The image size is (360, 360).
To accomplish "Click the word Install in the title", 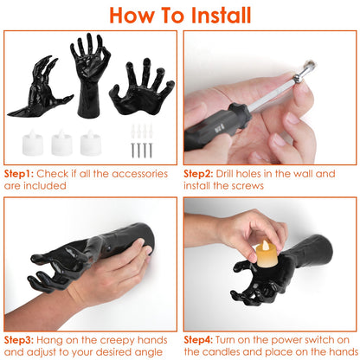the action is (221, 16).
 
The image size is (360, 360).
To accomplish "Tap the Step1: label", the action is (19, 174).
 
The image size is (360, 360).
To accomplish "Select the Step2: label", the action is (198, 174).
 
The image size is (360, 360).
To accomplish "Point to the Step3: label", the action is (19, 340).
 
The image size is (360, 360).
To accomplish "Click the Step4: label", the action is (198, 340).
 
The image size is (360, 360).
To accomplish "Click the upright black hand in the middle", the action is (90, 75).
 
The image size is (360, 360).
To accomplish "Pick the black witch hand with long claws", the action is (41, 88).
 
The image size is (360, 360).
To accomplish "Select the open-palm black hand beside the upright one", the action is (142, 87).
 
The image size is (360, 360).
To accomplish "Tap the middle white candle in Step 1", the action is (61, 143).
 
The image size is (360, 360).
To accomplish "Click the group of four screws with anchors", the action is (142, 141).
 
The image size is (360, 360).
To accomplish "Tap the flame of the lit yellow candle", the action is (266, 246).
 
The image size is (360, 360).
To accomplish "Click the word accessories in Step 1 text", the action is (139, 174).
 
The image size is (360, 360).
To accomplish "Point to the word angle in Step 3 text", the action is (148, 353).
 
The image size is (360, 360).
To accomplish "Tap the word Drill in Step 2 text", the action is (224, 174).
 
